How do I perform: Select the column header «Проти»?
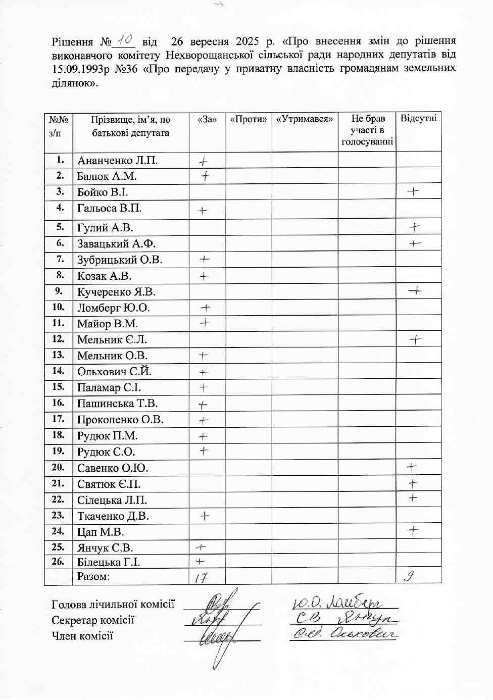(248, 120)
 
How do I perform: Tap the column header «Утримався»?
(305, 120)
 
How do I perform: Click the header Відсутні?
(418, 119)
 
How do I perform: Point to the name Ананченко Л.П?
(117, 161)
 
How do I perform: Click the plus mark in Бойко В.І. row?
(413, 191)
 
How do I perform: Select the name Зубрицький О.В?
(120, 260)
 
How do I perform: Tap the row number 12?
(58, 339)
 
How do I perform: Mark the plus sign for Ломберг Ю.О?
(206, 308)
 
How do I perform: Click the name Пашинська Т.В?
(117, 404)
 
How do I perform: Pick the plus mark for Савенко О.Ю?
(412, 467)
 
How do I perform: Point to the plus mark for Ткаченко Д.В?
(205, 516)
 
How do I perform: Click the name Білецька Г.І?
(109, 562)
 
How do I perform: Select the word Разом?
(93, 576)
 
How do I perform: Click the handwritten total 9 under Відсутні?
(410, 576)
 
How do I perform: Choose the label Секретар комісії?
(93, 620)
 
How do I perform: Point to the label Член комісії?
(82, 636)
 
